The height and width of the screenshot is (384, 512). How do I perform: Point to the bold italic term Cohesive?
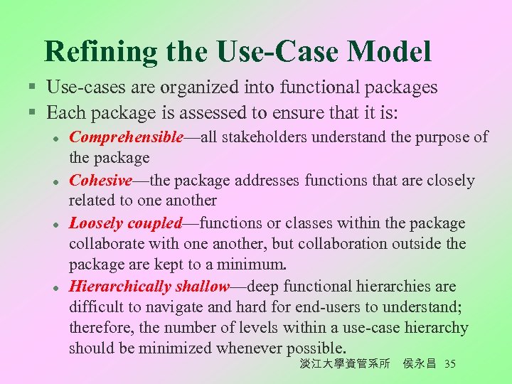pos(101,180)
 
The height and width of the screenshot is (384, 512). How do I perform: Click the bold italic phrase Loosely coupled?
pos(126,223)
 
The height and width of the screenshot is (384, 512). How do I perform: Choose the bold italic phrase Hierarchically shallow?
pos(149,287)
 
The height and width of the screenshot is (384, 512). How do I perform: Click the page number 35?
pos(449,363)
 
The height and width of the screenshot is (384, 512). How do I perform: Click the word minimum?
pos(256,265)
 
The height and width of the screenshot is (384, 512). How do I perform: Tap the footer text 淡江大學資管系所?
pos(345,363)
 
